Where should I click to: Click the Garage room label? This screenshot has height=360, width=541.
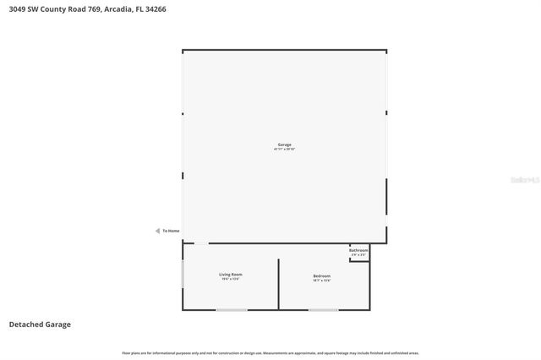pos(284,145)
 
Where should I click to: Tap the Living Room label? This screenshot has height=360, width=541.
pos(231,275)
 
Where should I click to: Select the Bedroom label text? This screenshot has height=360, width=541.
pos(321,275)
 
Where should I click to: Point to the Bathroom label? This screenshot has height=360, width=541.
pos(358,250)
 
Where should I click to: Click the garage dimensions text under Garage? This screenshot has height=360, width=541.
pos(284,150)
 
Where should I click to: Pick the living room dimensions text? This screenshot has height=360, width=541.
pos(231,280)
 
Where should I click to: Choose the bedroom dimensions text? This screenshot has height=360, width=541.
pos(321,281)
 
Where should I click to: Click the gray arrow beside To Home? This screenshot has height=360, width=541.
pos(156,231)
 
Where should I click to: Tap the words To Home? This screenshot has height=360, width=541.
pos(171,231)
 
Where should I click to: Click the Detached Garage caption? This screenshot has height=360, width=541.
pos(40,324)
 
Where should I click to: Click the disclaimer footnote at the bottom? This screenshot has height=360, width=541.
pos(270,352)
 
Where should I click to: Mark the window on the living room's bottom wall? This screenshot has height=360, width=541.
pos(232,310)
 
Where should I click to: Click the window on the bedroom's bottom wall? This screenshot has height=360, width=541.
pos(323,310)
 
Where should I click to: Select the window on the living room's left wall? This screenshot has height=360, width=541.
pos(183,274)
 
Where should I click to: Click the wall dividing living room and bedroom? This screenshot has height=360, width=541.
pos(278,284)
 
